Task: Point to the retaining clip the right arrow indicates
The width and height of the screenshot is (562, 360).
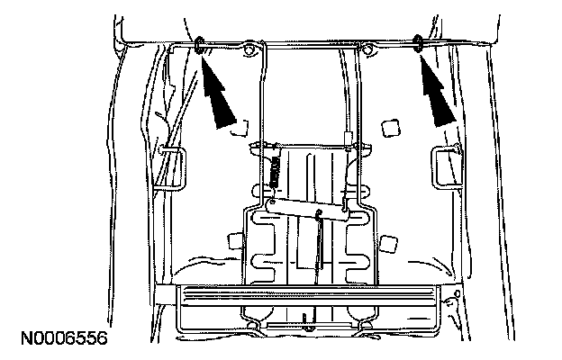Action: click(x=419, y=40)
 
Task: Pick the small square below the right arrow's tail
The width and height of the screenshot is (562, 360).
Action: click(x=390, y=128)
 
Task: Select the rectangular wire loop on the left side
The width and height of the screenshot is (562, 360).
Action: click(x=172, y=167)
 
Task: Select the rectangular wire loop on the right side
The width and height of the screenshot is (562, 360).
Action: click(x=445, y=166)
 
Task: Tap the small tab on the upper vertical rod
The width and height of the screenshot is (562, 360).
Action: click(x=349, y=138)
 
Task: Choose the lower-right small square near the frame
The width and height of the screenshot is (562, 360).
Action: click(x=389, y=241)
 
